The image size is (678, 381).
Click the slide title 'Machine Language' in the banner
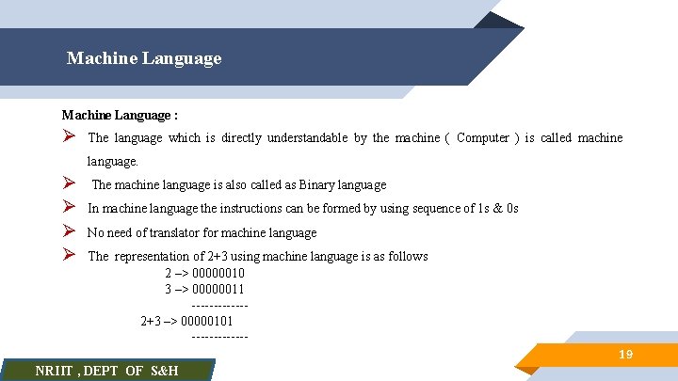point(144,58)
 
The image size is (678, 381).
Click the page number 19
point(624,355)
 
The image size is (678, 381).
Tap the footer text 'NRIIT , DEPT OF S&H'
point(106,371)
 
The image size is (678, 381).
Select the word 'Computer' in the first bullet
point(483,138)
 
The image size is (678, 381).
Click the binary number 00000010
point(218,274)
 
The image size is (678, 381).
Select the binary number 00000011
point(218,289)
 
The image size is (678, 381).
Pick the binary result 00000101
point(206,321)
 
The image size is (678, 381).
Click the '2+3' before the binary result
point(151,321)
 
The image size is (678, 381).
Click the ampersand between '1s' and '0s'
point(496,209)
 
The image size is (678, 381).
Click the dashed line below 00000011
point(219,305)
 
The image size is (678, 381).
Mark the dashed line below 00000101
point(219,336)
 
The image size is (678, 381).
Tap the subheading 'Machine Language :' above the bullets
point(120,115)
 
